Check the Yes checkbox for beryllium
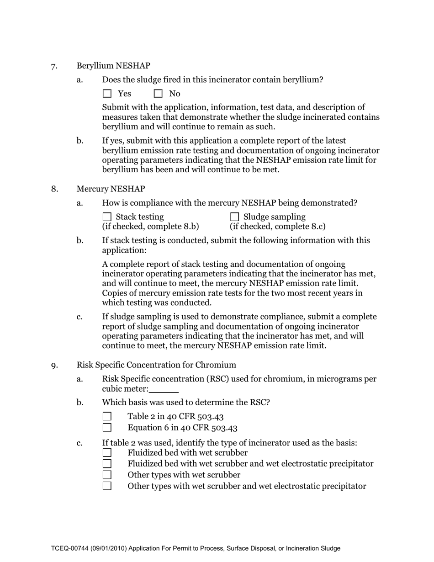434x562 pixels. coord(107,94)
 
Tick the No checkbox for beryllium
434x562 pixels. coord(158,94)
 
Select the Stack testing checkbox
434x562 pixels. coord(107,217)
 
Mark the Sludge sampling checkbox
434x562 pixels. coord(234,217)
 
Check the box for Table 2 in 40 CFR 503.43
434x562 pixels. coord(107,416)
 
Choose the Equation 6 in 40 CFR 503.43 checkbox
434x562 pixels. coord(107,428)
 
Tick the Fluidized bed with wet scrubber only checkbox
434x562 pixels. coord(107,453)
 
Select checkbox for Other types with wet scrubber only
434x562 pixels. coord(107,475)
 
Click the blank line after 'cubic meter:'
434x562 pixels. coord(164,390)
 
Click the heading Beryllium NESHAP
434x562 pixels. coord(113,66)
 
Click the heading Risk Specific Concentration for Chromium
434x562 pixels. coord(156,365)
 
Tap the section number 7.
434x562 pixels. coord(54,66)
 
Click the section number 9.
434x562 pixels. coord(54,366)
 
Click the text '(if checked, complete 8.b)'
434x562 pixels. coord(150,227)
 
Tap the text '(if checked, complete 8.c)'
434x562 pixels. coord(278,227)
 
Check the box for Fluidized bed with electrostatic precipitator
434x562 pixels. coord(107,464)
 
